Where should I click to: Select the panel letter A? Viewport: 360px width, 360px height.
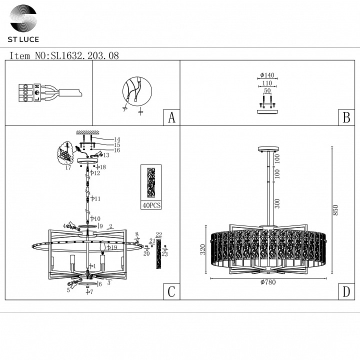[171, 117]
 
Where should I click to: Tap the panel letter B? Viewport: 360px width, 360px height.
[346, 117]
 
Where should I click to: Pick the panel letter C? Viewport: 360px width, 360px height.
[171, 292]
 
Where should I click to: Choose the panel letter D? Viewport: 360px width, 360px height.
[346, 292]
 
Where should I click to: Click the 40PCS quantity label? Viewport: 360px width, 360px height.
[151, 205]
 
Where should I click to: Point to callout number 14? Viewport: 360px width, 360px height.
[117, 139]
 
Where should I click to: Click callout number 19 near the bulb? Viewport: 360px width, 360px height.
[114, 247]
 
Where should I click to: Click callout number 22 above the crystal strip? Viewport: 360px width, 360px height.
[159, 235]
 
